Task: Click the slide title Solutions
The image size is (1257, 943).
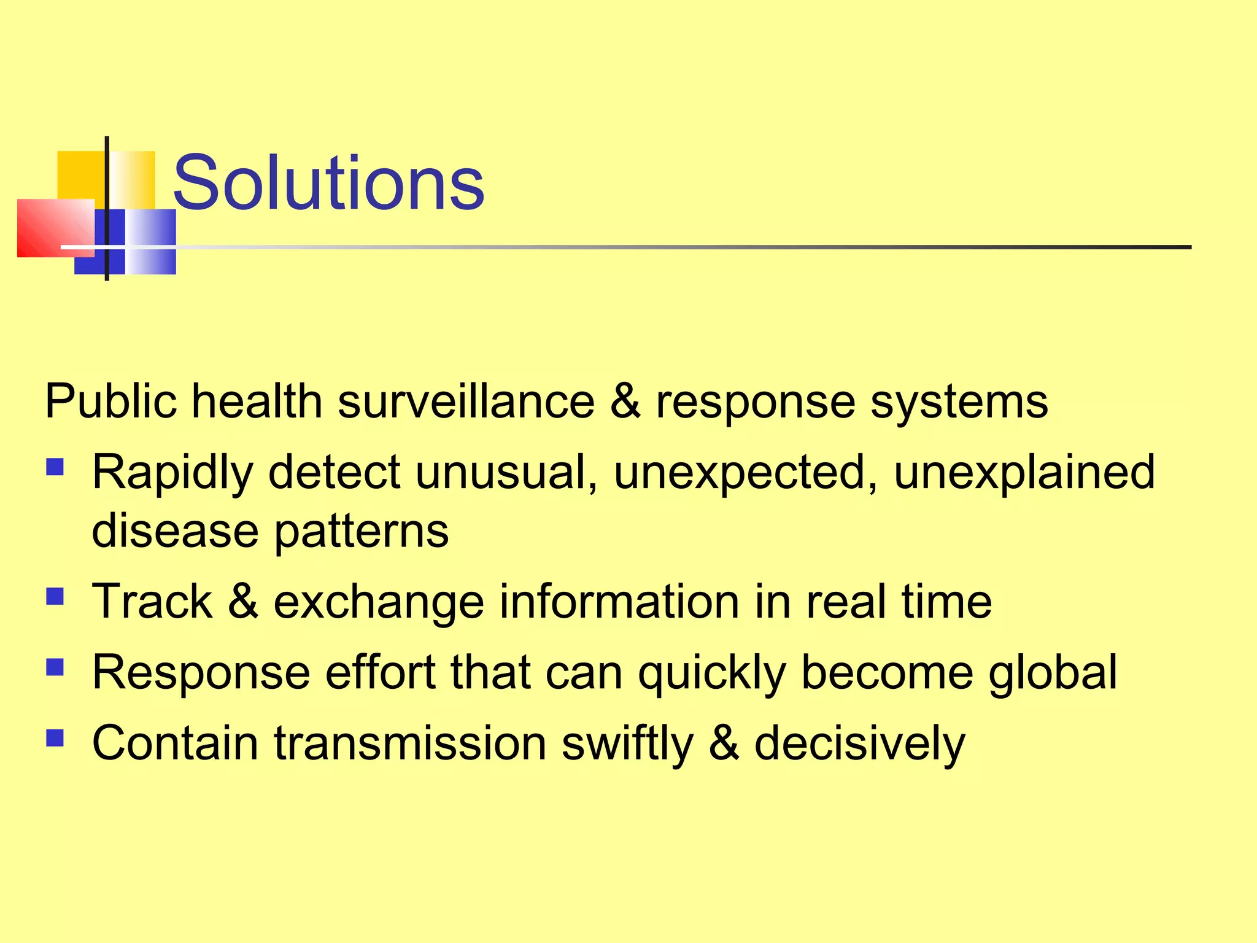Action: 328,183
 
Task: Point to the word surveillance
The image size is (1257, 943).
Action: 466,402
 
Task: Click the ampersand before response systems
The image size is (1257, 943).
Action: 625,402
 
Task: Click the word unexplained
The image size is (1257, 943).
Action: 1024,473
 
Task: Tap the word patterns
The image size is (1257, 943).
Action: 361,532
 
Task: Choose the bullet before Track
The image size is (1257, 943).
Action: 55,596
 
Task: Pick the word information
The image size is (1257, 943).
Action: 619,602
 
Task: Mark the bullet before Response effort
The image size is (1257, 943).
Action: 55,667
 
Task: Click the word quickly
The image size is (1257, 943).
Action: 712,673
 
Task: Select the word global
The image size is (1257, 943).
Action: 1052,673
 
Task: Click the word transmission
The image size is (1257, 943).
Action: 410,743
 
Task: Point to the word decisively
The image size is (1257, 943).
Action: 859,745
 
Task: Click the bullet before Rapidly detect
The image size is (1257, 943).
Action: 55,468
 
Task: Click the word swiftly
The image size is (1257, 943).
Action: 627,745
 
